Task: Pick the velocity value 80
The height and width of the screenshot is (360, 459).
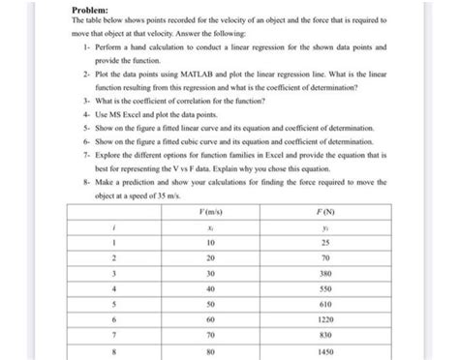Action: click(209, 352)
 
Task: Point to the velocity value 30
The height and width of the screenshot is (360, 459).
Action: click(209, 273)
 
